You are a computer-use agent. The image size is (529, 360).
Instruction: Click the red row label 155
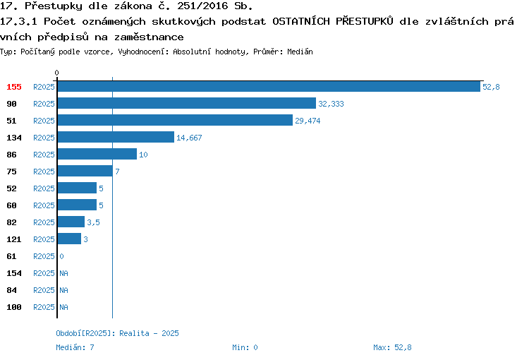click(x=14, y=87)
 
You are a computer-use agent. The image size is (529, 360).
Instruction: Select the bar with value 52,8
click(x=269, y=86)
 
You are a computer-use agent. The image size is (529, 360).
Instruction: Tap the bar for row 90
click(x=187, y=103)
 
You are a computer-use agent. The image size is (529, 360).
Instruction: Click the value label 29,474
click(x=308, y=121)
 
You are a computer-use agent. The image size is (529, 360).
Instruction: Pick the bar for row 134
click(x=116, y=137)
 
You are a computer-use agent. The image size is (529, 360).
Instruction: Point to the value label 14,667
click(x=189, y=138)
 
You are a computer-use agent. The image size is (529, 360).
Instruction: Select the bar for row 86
click(x=97, y=154)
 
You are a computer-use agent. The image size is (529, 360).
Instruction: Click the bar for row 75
click(x=85, y=171)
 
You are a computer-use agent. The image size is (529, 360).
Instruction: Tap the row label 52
click(x=11, y=188)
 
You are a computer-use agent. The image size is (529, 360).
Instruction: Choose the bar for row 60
click(x=78, y=205)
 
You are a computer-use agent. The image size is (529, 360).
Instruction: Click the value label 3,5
click(x=93, y=222)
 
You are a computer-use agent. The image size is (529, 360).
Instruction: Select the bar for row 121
click(x=70, y=239)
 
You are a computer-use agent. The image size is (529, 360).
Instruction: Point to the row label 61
click(x=11, y=256)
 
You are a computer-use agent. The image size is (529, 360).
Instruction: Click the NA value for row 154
click(x=63, y=273)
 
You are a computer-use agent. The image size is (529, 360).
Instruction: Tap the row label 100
click(x=14, y=307)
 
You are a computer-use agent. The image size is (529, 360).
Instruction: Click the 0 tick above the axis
click(x=56, y=73)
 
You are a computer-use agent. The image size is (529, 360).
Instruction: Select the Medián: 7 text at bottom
click(x=75, y=347)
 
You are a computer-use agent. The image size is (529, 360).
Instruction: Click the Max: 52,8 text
click(x=392, y=347)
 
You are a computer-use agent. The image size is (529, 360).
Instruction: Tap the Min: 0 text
click(x=245, y=347)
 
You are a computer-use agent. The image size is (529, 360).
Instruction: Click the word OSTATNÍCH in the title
click(x=301, y=21)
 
